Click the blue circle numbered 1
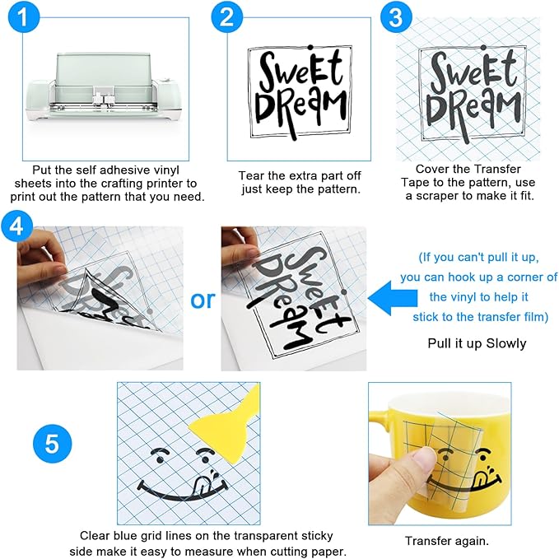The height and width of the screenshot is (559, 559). [24, 16]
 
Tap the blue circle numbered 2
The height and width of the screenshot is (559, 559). [227, 16]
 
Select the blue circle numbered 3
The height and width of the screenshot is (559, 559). [397, 16]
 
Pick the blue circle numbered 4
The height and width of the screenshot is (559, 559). [16, 226]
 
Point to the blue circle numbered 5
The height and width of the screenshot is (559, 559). [53, 444]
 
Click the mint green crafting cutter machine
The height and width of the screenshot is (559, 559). [104, 89]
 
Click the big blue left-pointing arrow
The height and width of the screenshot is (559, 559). [393, 298]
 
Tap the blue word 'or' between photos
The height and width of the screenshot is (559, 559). [203, 300]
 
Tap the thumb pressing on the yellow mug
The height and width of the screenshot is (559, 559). [421, 464]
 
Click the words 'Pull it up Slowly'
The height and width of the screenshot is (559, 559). [477, 343]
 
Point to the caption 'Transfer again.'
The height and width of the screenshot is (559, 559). [447, 541]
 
